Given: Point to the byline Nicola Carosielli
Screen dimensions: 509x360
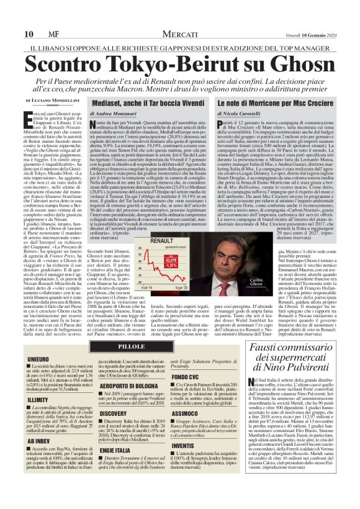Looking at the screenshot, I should pyautogui.click(x=238, y=114).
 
